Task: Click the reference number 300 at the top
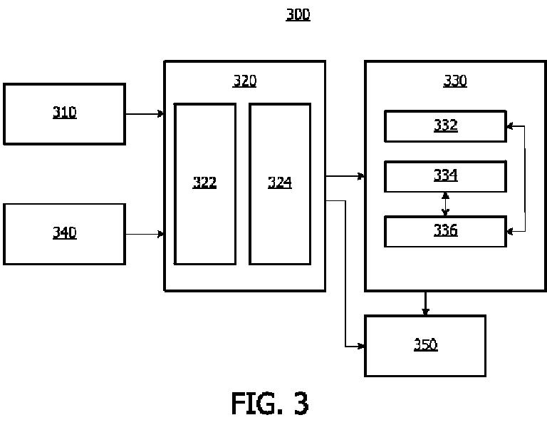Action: pos(298,15)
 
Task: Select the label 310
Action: pos(65,113)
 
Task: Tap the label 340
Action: pos(65,232)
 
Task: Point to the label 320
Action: pos(244,81)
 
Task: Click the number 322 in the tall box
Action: pos(204,183)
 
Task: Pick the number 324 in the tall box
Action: pos(280,183)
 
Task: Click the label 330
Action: pos(455,81)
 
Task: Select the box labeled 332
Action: pos(445,126)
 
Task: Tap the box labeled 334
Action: pos(445,176)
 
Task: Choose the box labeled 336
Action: pos(445,232)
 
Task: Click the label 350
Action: pos(426,344)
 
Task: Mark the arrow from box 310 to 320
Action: pos(145,114)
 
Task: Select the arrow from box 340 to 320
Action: pos(145,234)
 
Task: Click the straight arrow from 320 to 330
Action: pos(345,176)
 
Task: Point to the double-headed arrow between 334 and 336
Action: pos(445,204)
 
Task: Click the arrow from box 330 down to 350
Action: pos(425,303)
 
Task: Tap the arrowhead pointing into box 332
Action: pos(510,126)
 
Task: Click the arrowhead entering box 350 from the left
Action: pos(361,347)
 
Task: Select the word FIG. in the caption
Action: pos(256,404)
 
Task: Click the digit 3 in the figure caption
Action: pos(301,404)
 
